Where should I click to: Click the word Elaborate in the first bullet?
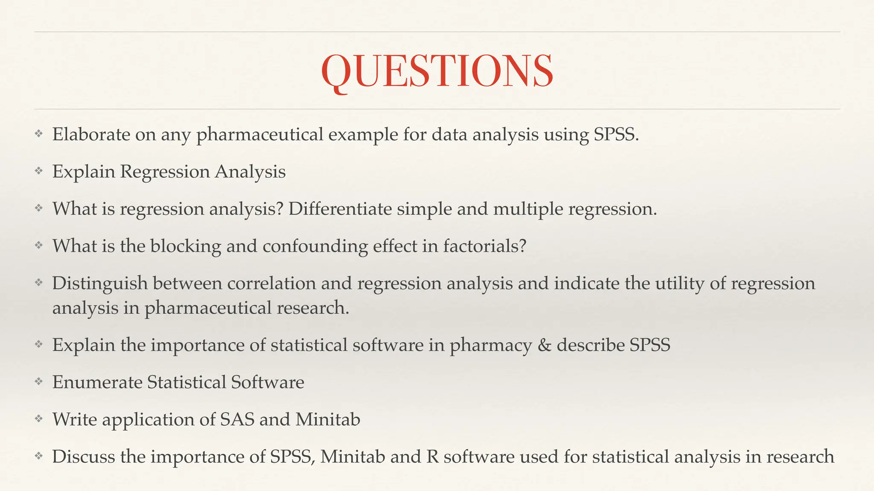pyautogui.click(x=91, y=135)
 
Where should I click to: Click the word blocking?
pyautogui.click(x=185, y=246)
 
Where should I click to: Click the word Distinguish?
pyautogui.click(x=100, y=283)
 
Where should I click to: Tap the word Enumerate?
pyautogui.click(x=97, y=382)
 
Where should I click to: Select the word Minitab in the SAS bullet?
pyautogui.click(x=328, y=419)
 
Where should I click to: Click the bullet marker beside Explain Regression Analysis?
pyautogui.click(x=39, y=171)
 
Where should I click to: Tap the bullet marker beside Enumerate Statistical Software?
pyautogui.click(x=39, y=382)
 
